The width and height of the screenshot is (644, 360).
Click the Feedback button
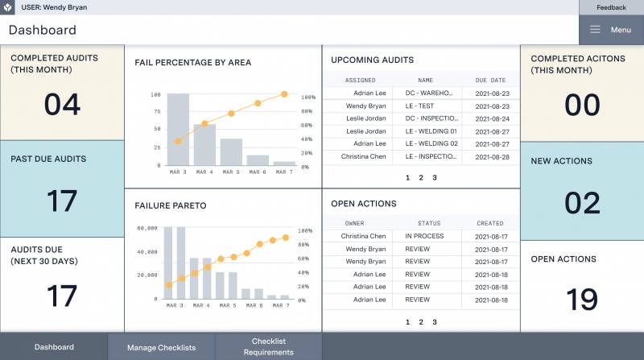tap(611, 7)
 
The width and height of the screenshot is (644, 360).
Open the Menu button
tap(610, 30)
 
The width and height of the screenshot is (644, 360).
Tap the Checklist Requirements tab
tap(269, 346)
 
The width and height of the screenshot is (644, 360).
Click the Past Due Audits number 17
tap(62, 201)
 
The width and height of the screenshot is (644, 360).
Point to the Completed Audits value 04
tap(62, 105)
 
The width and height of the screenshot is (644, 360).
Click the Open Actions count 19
tap(582, 300)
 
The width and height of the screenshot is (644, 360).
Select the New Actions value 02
tap(582, 203)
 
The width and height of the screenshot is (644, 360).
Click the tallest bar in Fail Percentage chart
tap(178, 129)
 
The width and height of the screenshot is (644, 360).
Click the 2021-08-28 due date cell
tap(491, 156)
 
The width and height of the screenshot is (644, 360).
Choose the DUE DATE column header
tap(490, 81)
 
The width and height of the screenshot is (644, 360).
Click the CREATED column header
tap(490, 223)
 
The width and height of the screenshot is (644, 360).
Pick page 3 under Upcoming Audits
tap(435, 177)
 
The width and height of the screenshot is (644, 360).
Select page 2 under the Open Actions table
tap(421, 322)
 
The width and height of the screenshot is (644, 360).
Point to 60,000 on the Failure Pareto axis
tap(147, 228)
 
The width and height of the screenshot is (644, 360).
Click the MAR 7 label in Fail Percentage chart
tap(283, 172)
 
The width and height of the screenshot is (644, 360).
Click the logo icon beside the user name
tap(8, 7)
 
